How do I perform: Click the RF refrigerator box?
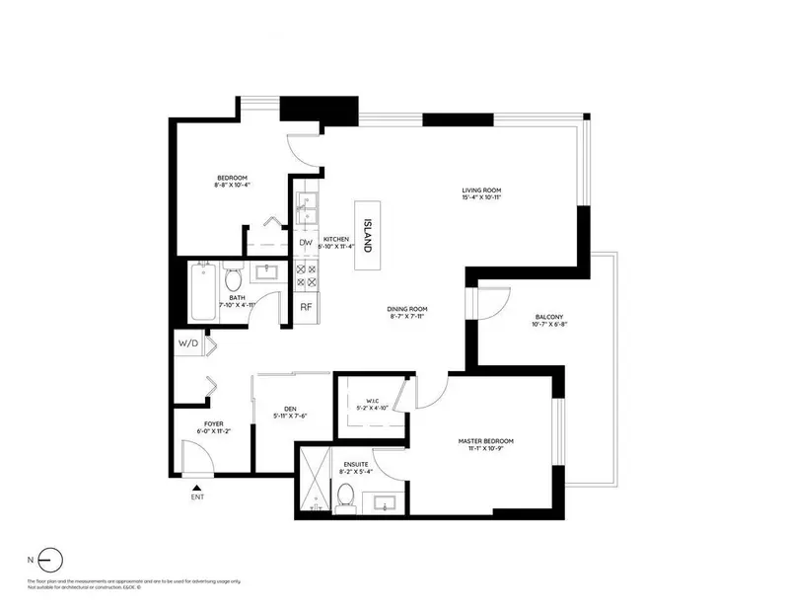(306, 307)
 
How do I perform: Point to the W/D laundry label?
(186, 343)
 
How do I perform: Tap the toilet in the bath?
(233, 276)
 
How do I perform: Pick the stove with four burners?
(306, 275)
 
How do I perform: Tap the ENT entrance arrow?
(196, 487)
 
